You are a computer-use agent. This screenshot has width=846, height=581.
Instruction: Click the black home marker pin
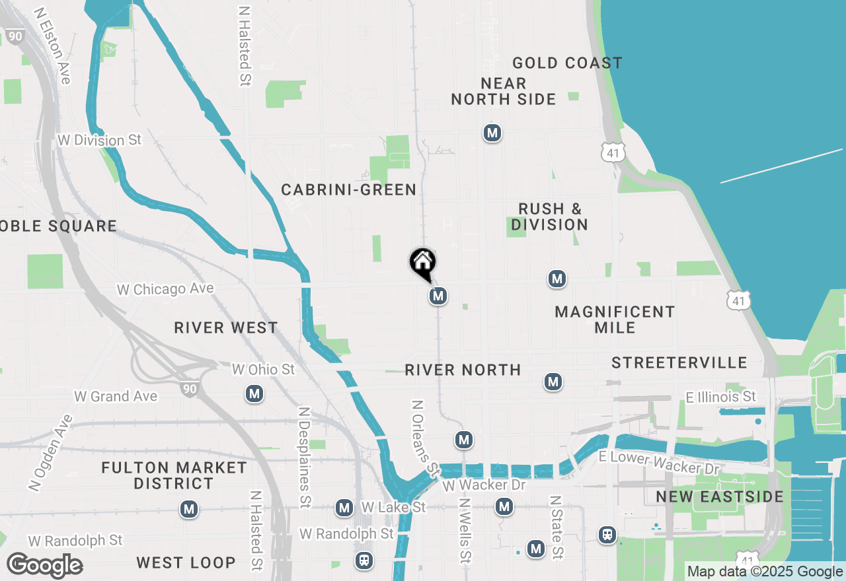(422, 263)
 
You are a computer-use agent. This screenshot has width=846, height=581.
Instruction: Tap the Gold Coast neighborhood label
(567, 63)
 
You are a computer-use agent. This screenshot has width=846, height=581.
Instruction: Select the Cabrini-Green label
(349, 190)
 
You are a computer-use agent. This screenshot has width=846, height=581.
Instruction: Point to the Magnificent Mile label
(615, 320)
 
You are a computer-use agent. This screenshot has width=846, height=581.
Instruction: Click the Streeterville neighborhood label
(679, 362)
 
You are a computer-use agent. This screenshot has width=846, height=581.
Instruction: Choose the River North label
(463, 370)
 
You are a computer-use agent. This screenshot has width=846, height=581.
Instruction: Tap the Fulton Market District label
(174, 475)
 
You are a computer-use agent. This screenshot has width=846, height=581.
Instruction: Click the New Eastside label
(720, 496)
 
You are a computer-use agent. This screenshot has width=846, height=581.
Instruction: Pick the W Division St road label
(100, 140)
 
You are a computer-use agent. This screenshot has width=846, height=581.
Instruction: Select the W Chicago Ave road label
(165, 289)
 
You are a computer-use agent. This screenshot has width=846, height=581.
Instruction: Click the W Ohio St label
(263, 369)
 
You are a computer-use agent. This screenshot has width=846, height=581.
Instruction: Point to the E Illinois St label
(720, 397)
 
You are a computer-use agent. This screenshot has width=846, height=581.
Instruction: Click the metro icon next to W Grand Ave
(254, 394)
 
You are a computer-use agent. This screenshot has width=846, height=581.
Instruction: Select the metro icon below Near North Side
(492, 133)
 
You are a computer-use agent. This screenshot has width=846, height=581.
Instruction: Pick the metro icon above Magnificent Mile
(557, 279)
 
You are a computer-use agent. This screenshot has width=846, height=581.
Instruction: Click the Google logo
(45, 566)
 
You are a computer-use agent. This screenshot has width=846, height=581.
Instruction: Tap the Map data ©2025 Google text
(764, 572)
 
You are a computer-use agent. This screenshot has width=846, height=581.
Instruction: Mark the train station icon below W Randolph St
(364, 561)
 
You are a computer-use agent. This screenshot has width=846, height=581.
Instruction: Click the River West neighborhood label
(226, 327)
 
